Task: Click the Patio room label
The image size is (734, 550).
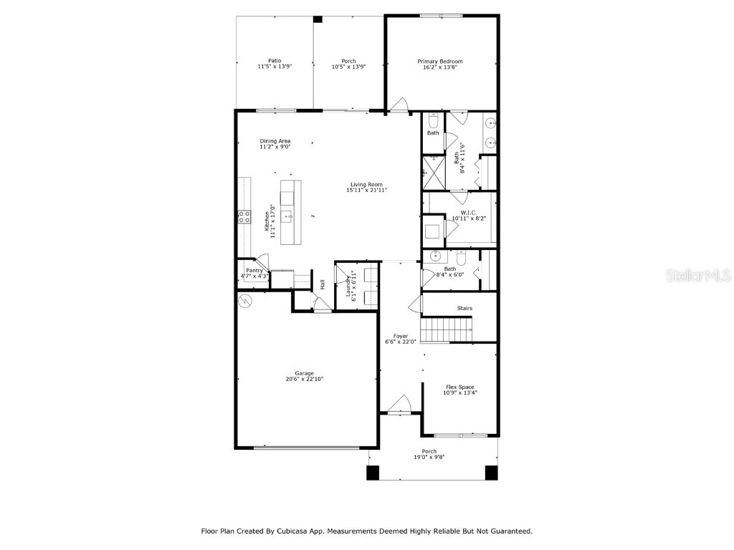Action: pos(275,61)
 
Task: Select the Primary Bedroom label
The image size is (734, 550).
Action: pos(440,62)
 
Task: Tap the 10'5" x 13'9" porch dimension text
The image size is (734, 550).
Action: pos(348,67)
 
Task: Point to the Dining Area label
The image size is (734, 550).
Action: pos(275,141)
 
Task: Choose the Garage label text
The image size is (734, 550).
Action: pos(304,373)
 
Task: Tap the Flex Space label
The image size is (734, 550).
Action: pos(459,387)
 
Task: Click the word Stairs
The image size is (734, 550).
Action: pos(464,309)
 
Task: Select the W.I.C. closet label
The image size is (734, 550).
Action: pos(470,211)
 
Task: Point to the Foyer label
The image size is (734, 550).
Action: pos(400,336)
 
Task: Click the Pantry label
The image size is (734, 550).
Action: pos(254,270)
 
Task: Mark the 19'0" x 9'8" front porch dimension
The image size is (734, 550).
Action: pos(429,457)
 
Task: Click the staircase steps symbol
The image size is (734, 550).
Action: pos(447,331)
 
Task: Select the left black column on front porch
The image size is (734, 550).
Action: pos(373,473)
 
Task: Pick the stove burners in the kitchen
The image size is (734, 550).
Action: pos(244,216)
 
